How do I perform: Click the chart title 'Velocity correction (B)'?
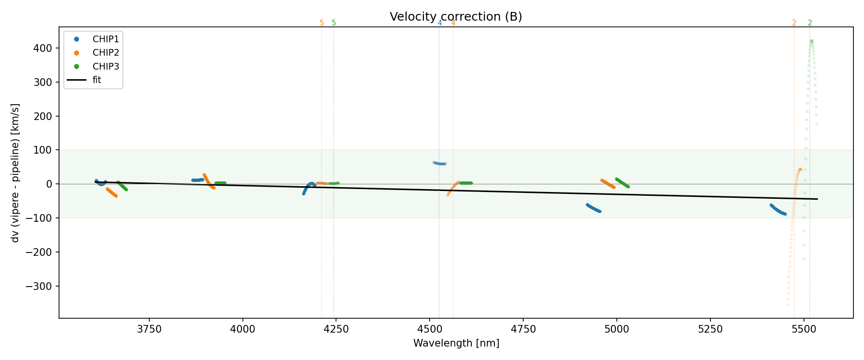point(456,17)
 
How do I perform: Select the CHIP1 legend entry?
point(105,39)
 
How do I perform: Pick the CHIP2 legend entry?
point(105,53)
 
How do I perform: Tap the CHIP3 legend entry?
point(105,67)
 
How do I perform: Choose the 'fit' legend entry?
point(96,80)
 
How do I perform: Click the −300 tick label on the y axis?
point(41,286)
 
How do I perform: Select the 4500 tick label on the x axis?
point(430,329)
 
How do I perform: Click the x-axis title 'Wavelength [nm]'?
point(456,343)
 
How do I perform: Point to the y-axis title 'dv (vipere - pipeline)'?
point(15,173)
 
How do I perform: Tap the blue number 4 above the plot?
point(440,23)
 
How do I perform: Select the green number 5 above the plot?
point(334,23)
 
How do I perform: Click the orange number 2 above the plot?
point(794,23)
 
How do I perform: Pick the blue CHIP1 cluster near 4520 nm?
point(440,164)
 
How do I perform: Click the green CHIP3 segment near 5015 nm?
point(622,183)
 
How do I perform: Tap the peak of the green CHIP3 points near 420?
point(811,41)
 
